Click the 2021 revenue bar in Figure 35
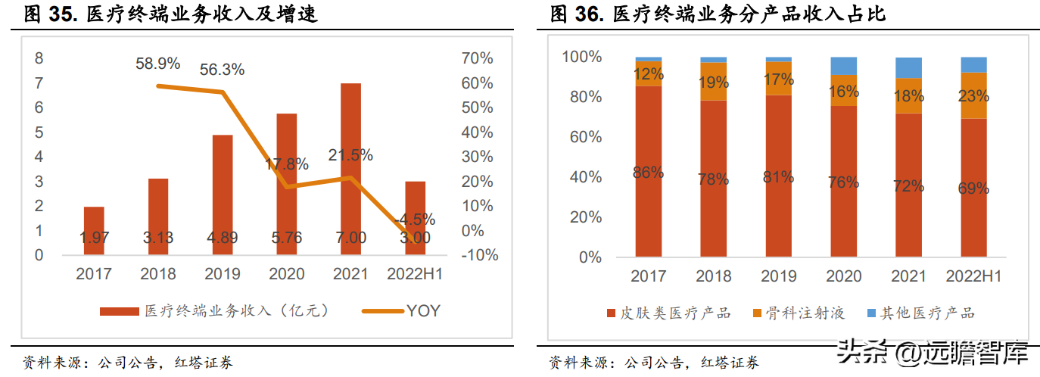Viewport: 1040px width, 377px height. (x=350, y=169)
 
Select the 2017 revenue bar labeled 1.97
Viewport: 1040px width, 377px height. (x=94, y=231)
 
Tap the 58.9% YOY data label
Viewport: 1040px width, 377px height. (x=158, y=64)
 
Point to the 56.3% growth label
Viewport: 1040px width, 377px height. (x=222, y=70)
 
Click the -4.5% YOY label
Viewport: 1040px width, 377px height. (x=415, y=219)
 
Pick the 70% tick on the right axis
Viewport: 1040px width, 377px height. (x=477, y=58)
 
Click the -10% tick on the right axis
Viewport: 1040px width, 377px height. (x=480, y=255)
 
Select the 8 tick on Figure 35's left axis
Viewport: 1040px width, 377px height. (x=39, y=58)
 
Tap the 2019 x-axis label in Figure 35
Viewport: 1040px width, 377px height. (x=223, y=274)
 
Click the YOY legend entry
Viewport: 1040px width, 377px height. (x=401, y=310)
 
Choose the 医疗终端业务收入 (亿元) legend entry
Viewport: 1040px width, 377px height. (x=214, y=310)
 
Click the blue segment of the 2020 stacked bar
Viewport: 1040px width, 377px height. (x=844, y=66)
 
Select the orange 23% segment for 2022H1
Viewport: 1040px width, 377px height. (x=973, y=95)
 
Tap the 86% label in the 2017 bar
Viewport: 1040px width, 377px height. (x=648, y=173)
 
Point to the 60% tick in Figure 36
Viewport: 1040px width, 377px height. (x=586, y=137)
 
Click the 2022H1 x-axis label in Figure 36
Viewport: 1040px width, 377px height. (x=973, y=276)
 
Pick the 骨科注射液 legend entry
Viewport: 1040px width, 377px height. (x=799, y=313)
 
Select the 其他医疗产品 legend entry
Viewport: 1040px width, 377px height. (x=920, y=313)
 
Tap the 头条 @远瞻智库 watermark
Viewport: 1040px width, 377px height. (x=933, y=352)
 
